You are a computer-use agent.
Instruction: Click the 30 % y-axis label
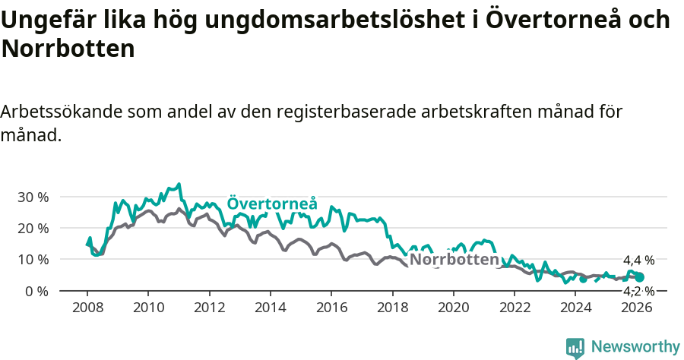click(x=33, y=197)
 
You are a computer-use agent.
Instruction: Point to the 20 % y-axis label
click(x=33, y=228)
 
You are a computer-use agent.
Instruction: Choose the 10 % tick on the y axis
click(x=33, y=259)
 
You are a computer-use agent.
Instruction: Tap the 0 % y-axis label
click(x=36, y=291)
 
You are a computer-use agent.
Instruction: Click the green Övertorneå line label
click(x=272, y=204)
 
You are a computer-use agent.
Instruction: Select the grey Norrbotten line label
click(x=453, y=259)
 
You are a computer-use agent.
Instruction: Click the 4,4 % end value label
click(x=638, y=261)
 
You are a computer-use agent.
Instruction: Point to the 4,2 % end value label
click(x=638, y=291)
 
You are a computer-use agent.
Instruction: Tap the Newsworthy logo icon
click(x=575, y=348)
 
